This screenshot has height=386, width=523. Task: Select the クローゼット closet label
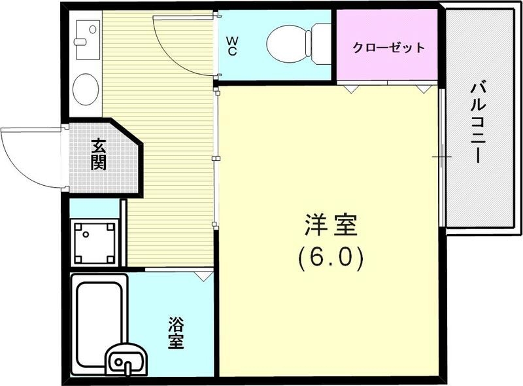pyautogui.click(x=388, y=47)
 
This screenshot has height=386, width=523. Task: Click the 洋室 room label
pyautogui.click(x=330, y=226)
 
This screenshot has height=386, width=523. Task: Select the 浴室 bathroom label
pyautogui.click(x=175, y=332)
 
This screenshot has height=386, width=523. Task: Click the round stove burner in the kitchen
pyautogui.click(x=86, y=89)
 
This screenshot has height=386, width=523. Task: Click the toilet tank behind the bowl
pyautogui.click(x=321, y=44)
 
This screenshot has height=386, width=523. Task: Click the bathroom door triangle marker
pyautogui.click(x=205, y=277)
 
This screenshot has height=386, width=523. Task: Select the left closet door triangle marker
pyautogui.click(x=352, y=88)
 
